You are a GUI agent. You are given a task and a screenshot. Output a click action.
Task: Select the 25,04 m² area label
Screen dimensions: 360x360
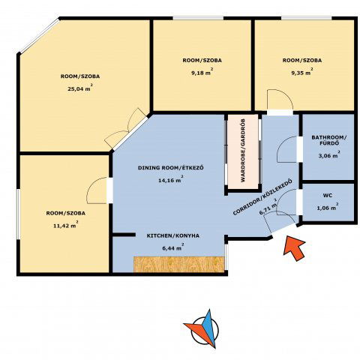(80, 88)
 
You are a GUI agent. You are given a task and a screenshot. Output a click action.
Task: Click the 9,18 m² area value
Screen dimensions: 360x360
(201, 73)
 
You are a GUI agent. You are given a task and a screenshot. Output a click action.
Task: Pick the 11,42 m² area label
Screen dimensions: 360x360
(65, 226)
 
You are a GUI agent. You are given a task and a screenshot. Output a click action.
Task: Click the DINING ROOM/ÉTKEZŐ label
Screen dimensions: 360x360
(171, 167)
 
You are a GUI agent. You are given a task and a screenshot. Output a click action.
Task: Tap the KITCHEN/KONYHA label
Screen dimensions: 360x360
(173, 235)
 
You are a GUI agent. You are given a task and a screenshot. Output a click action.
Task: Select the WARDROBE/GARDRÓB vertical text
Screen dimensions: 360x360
(243, 151)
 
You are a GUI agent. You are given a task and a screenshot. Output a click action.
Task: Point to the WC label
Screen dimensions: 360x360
(328, 195)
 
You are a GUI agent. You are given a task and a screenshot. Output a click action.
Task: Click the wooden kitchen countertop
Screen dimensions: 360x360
(178, 264)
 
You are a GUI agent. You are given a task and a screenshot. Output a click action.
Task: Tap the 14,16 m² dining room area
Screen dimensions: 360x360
(170, 180)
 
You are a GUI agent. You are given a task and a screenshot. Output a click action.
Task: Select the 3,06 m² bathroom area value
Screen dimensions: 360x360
(329, 155)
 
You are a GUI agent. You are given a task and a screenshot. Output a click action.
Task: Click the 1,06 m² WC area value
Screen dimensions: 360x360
(328, 208)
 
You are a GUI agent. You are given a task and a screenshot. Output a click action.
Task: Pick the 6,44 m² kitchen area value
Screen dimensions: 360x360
(173, 248)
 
